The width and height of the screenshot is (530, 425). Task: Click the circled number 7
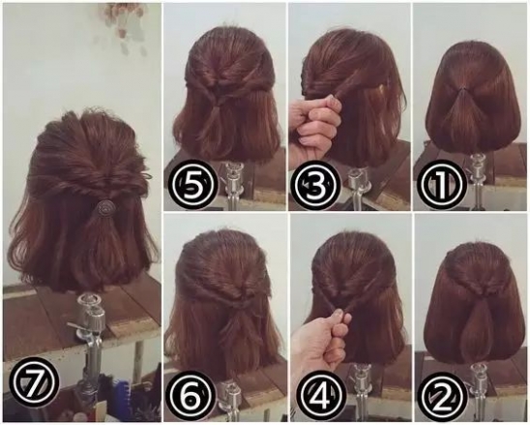tap(34, 386)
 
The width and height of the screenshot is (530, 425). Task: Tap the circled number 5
tap(193, 185)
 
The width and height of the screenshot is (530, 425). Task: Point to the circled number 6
tap(193, 395)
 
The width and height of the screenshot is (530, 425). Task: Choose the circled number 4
tap(316, 395)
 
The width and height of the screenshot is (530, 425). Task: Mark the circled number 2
tap(440, 395)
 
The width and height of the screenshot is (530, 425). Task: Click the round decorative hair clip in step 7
tap(103, 206)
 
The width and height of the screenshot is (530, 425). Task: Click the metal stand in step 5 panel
tap(231, 184)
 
